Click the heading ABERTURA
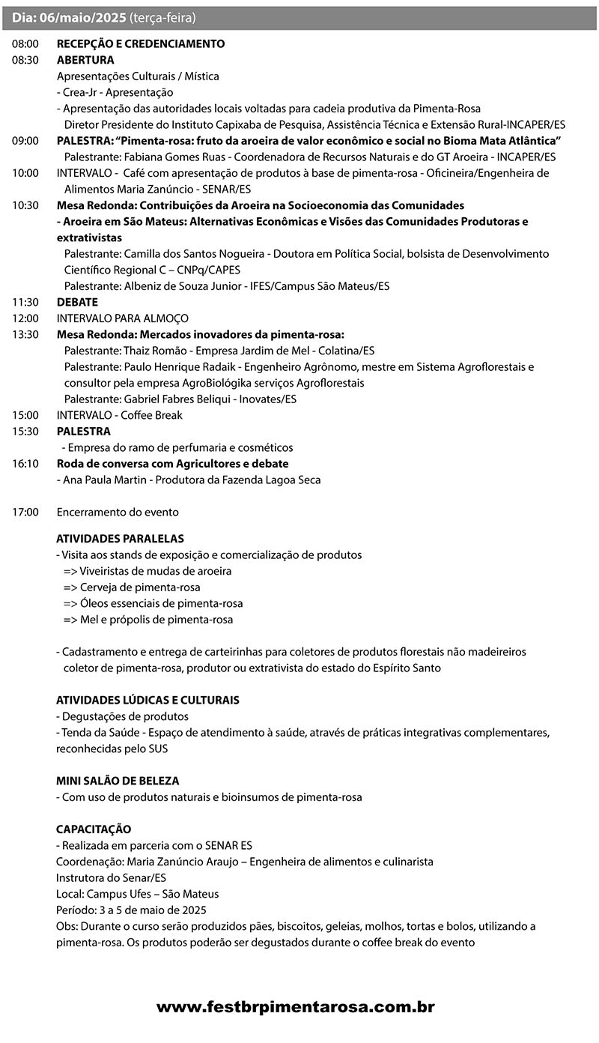(85, 60)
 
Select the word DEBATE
(77, 302)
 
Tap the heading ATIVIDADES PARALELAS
(120, 539)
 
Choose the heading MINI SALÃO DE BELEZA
(118, 781)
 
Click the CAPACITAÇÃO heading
(94, 829)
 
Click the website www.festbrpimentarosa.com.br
(296, 1008)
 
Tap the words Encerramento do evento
(118, 513)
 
